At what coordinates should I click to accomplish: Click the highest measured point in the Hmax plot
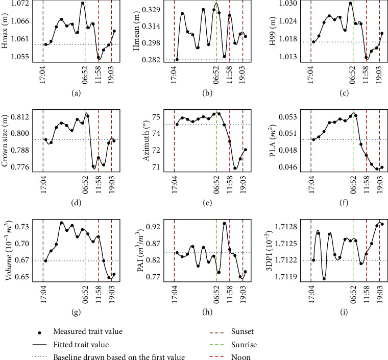(82, 4)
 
